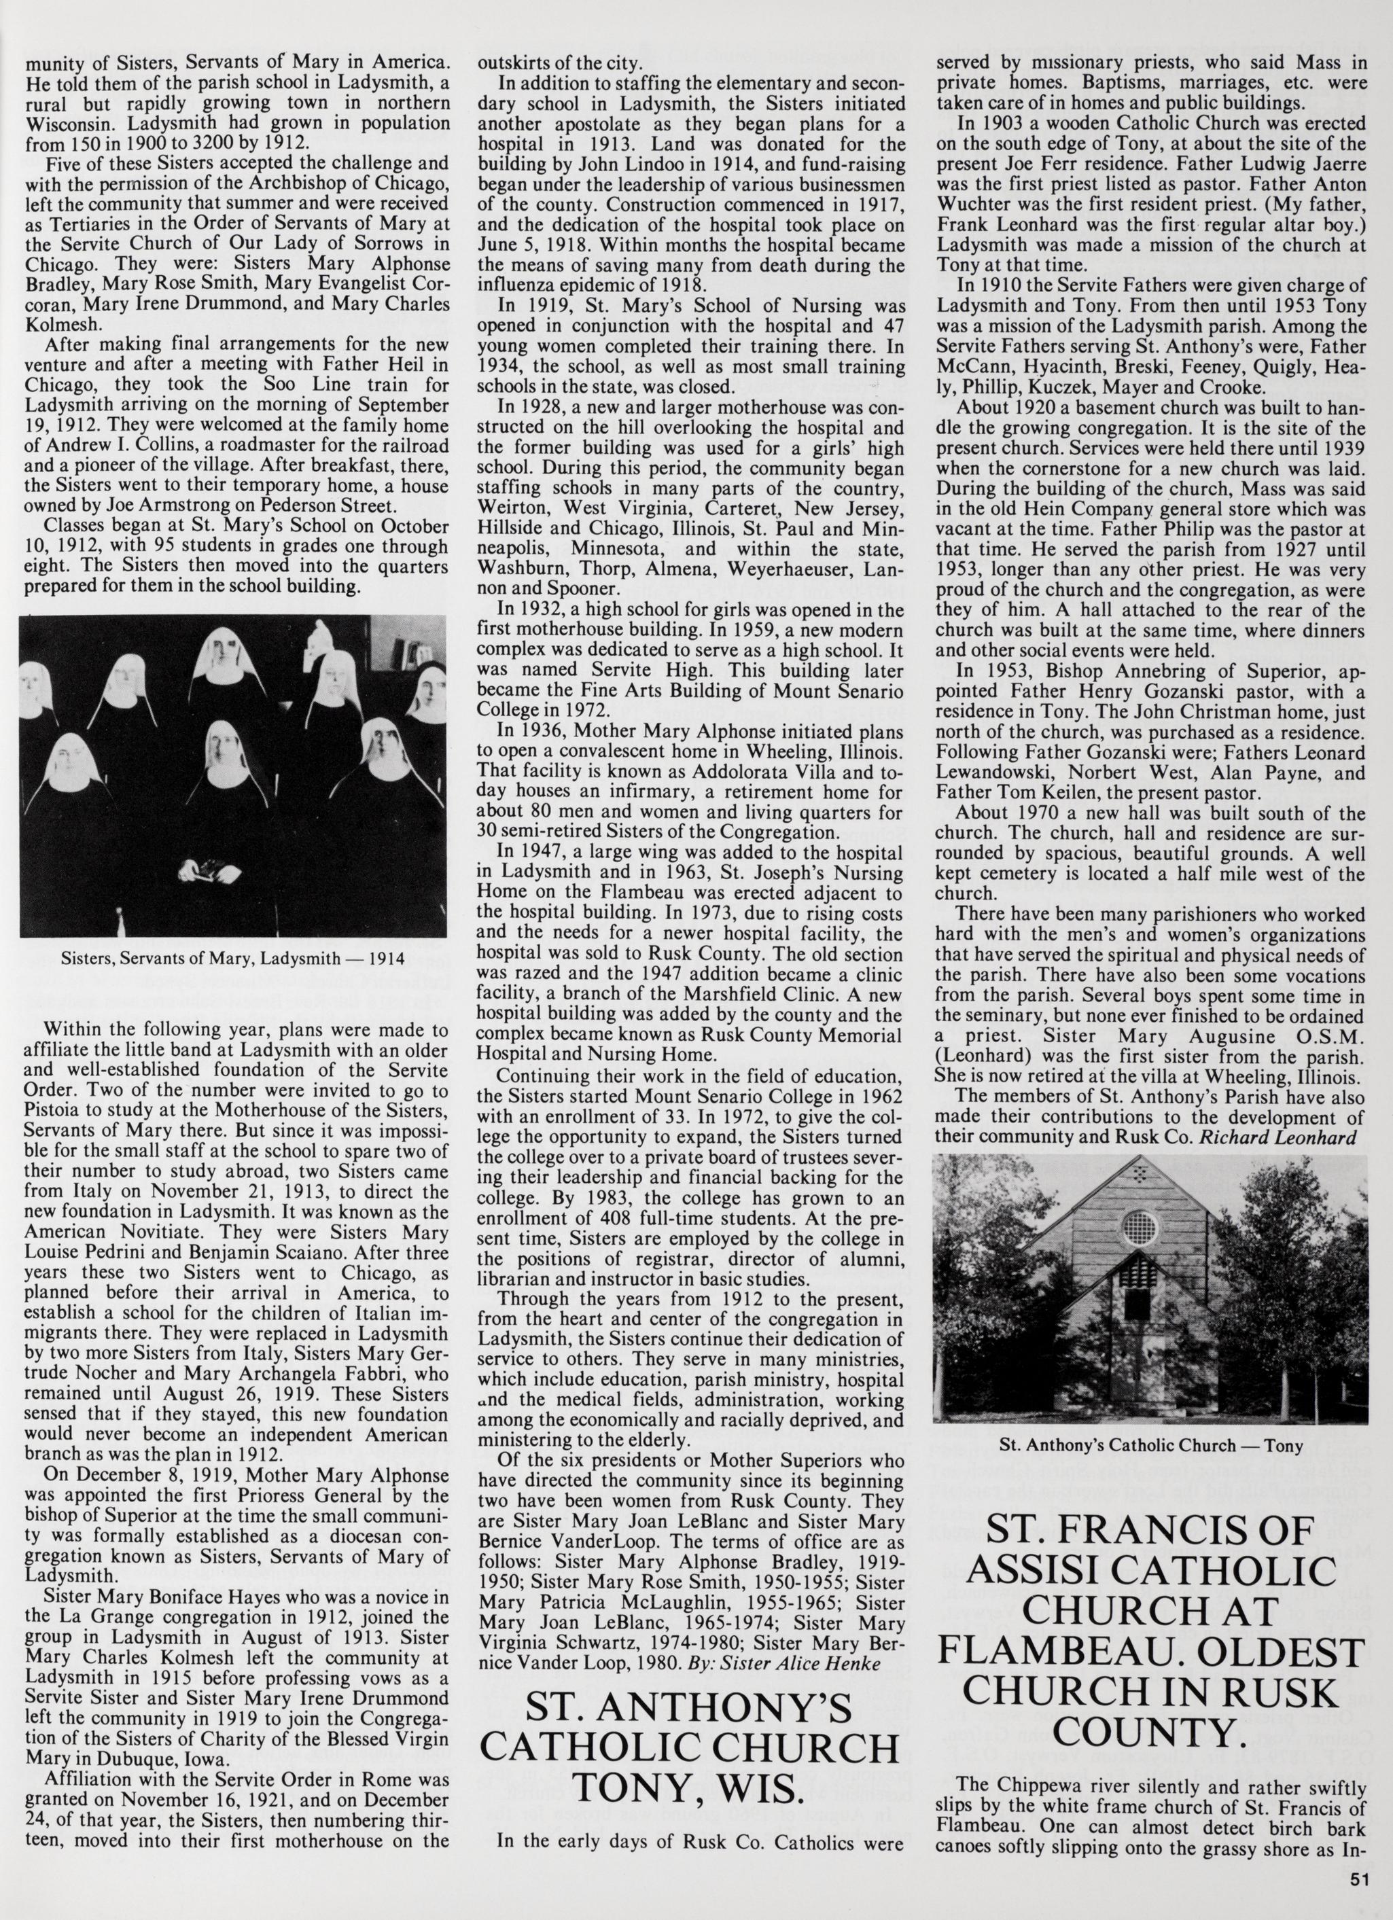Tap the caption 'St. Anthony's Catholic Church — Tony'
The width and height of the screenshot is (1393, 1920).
tap(1150, 1445)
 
